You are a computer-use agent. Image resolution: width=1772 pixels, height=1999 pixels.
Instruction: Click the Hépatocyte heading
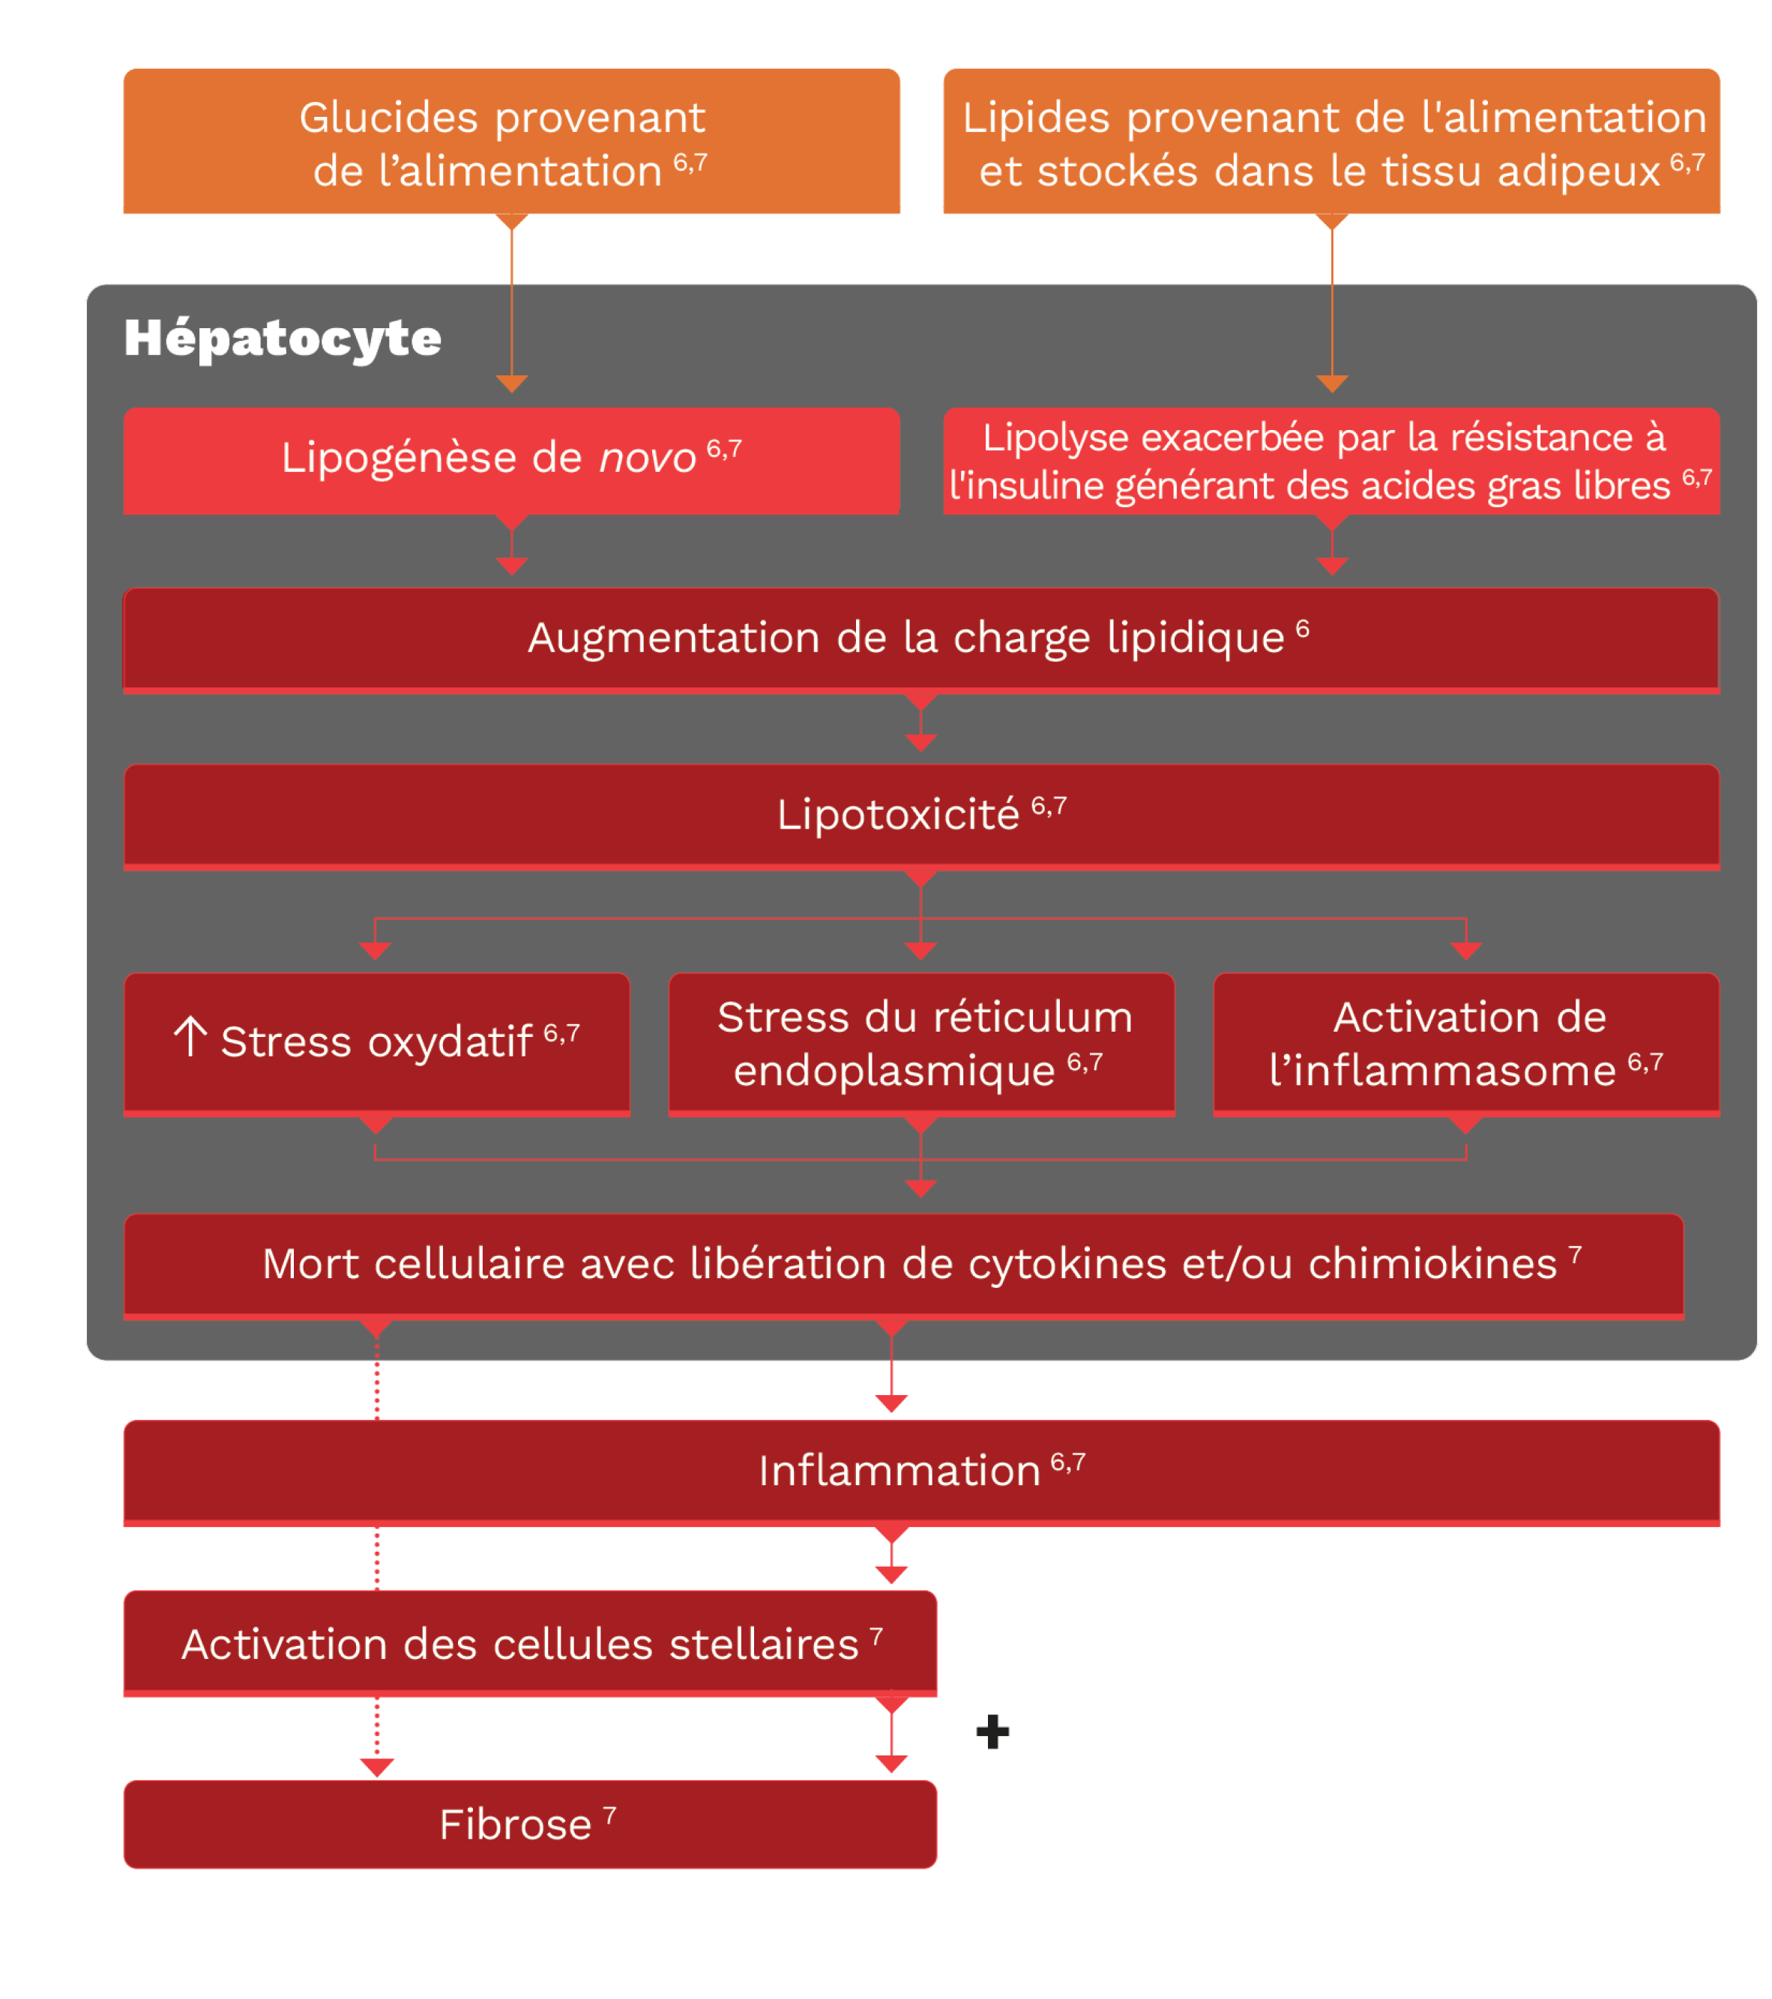click(x=282, y=339)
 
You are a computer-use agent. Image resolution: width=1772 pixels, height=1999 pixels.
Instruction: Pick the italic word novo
click(x=647, y=459)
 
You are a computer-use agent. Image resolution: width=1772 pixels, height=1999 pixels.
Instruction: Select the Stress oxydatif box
click(x=377, y=1042)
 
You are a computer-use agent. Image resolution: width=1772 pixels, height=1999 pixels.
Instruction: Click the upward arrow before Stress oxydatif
click(x=190, y=1038)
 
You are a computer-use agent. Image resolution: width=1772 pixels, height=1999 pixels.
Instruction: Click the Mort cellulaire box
click(x=903, y=1265)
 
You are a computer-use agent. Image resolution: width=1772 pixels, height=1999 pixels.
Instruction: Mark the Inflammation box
click(x=920, y=1472)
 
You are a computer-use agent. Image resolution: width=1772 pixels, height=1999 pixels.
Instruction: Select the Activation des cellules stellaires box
click(x=529, y=1645)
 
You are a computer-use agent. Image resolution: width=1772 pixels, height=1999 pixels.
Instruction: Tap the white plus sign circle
click(x=992, y=1732)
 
